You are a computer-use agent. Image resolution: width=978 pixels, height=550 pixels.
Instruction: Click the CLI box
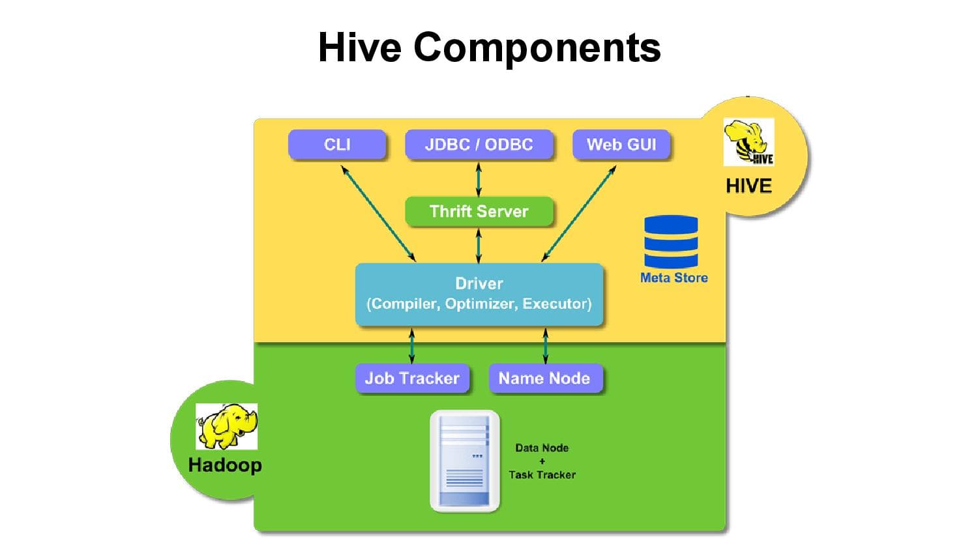tap(337, 145)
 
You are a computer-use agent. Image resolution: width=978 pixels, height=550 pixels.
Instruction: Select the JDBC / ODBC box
tap(479, 145)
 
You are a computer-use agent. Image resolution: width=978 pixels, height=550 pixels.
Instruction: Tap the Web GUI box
tap(621, 145)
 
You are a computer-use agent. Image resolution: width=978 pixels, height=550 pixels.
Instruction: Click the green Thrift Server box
tap(479, 211)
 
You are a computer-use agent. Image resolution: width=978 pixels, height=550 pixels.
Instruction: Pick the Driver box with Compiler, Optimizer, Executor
tap(479, 294)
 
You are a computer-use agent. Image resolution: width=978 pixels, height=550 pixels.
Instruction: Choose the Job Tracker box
tap(412, 378)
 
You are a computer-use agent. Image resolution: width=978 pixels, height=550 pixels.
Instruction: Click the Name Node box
tap(544, 378)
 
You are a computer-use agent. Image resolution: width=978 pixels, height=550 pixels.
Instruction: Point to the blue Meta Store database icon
tap(671, 242)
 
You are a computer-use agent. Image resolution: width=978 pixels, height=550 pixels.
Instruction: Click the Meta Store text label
tap(674, 278)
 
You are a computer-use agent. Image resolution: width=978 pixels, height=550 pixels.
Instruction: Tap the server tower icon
tap(464, 461)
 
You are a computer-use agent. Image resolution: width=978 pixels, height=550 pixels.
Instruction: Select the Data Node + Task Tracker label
tap(542, 461)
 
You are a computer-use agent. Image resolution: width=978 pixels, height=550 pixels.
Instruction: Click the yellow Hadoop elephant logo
tap(226, 426)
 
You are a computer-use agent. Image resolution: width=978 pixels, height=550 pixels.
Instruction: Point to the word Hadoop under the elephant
tap(225, 465)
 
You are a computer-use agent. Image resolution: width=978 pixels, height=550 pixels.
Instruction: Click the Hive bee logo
tap(748, 142)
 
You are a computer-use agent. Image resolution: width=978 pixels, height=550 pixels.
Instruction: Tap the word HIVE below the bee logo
tap(748, 186)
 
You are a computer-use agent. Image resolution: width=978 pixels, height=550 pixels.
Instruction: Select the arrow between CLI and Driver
tap(378, 213)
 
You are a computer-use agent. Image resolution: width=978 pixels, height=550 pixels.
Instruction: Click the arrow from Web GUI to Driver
tap(579, 213)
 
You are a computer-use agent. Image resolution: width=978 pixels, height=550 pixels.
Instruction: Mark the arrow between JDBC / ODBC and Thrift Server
tap(479, 179)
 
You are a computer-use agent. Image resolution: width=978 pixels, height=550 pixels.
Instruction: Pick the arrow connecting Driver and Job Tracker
tap(411, 346)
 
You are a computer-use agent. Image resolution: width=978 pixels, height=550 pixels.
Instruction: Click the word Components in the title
tap(537, 47)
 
